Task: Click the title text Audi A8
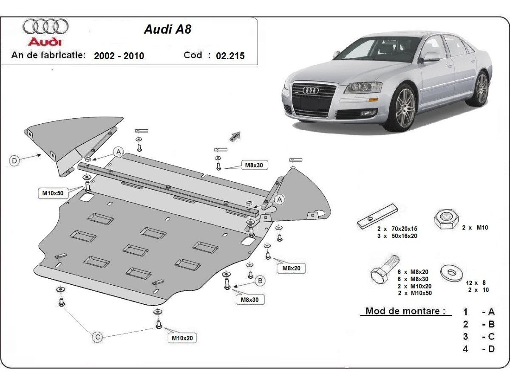point(167,29)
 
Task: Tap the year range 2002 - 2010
point(119,55)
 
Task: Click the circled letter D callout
point(15,160)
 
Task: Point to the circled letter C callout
point(97,337)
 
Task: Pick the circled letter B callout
point(260,280)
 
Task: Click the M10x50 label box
point(53,193)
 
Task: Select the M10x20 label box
point(182,338)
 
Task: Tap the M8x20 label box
point(291,268)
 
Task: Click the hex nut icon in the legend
point(445,219)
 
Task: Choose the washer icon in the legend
point(451,272)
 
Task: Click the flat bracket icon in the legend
point(377,216)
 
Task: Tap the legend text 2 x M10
point(475,228)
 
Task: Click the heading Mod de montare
point(405,311)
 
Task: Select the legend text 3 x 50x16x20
point(397,236)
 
